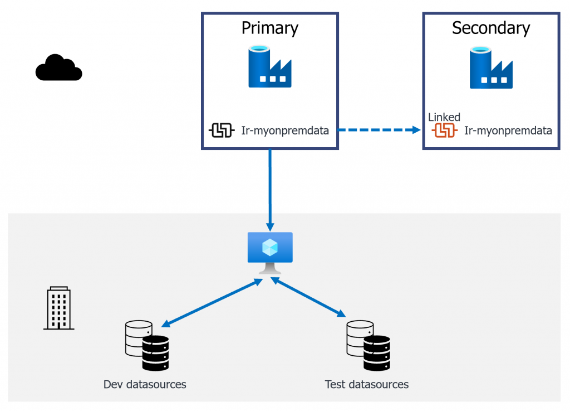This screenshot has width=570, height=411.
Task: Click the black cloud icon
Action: click(58, 68)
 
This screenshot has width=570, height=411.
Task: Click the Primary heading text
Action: click(269, 28)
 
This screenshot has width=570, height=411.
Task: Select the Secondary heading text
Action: click(490, 28)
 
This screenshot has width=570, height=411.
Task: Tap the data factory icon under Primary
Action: click(269, 67)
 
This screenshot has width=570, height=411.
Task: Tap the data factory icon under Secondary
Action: click(490, 67)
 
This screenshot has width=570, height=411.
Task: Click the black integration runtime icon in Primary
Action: click(221, 131)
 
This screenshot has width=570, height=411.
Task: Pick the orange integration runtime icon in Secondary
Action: click(445, 131)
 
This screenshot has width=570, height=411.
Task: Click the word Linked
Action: click(444, 117)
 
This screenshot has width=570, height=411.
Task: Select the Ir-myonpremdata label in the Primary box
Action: click(285, 131)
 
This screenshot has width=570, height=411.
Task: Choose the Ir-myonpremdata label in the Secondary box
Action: click(508, 131)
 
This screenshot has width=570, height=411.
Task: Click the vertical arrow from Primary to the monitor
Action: click(269, 190)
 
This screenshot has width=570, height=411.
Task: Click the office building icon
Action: click(58, 308)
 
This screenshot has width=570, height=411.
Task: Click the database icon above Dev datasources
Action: click(147, 346)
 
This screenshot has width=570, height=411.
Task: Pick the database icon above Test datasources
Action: click(368, 346)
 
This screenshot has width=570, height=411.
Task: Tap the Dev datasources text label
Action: click(145, 384)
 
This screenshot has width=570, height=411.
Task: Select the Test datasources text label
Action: click(366, 384)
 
